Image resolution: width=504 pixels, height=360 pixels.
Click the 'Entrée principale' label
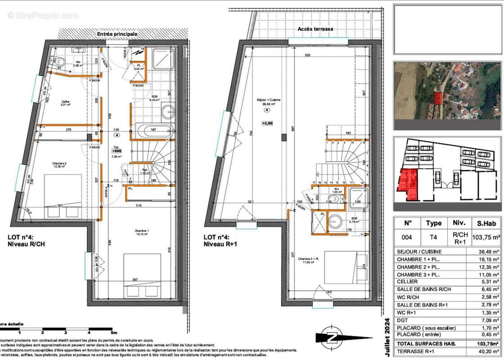[x=117, y=34]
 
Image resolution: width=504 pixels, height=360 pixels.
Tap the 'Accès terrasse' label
[x=315, y=29]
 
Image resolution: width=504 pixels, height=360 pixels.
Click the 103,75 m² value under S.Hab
[x=486, y=237]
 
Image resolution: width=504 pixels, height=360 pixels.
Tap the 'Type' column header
[x=433, y=223]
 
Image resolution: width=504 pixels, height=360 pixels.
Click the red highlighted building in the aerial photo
[x=438, y=97]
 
